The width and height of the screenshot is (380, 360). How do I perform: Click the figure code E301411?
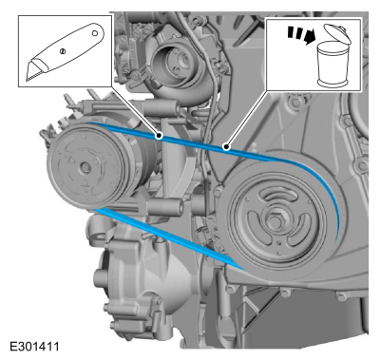point(34,347)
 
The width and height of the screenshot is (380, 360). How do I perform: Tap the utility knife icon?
point(65,51)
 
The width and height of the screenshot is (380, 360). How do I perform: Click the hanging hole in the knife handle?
point(94,33)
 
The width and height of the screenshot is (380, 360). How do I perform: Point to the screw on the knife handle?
point(63,50)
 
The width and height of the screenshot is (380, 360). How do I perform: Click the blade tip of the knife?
point(27,81)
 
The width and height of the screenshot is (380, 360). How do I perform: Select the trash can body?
point(332,65)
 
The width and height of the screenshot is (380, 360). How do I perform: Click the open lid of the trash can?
point(337,33)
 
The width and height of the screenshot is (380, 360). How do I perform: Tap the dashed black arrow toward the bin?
point(299,35)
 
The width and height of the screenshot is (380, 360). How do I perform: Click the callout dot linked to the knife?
point(159,136)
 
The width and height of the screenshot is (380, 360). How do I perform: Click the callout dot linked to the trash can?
point(226,146)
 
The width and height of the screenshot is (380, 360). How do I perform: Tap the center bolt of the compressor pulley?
point(85,167)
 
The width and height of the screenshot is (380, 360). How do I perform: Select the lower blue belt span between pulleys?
point(168,238)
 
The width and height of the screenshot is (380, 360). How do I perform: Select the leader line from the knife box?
point(135,111)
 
